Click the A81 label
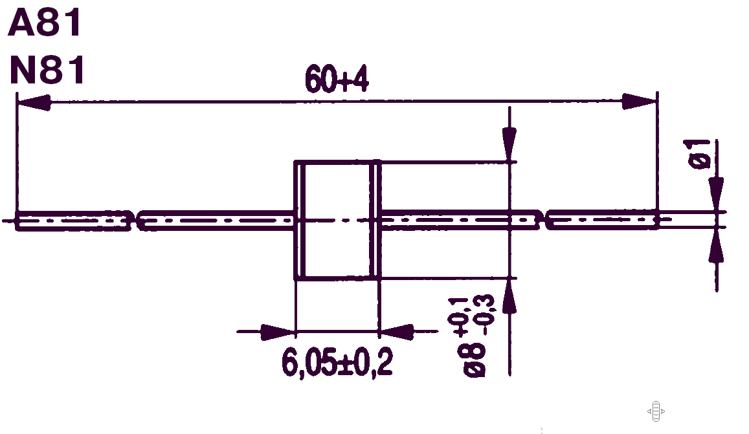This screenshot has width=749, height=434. click(45, 23)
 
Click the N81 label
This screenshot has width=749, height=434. click(47, 70)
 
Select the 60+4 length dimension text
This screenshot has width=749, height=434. click(337, 80)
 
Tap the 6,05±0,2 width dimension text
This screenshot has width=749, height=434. click(337, 362)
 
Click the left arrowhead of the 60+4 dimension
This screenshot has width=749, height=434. click(34, 102)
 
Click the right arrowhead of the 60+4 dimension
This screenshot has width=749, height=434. click(640, 101)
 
